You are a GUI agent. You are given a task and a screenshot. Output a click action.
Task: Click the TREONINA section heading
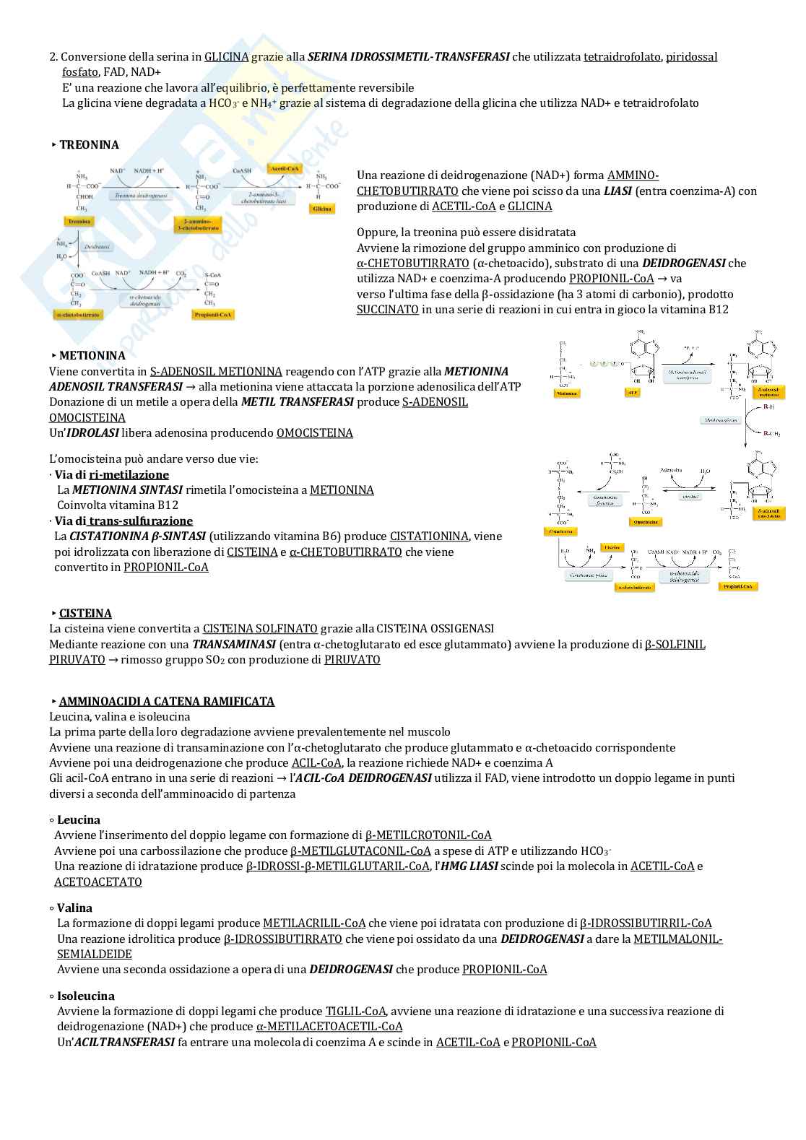(x=89, y=145)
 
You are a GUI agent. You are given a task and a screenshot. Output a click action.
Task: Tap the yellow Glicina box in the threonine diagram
(x=321, y=209)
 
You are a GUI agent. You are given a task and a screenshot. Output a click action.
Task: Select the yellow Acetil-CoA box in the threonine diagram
(x=284, y=169)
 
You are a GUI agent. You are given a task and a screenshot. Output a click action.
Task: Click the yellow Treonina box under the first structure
(x=79, y=221)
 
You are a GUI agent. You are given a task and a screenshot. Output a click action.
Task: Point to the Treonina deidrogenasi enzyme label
(x=141, y=196)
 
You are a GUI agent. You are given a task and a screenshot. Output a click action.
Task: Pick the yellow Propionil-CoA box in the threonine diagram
(x=213, y=315)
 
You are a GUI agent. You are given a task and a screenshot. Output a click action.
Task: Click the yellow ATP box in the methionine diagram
(x=632, y=393)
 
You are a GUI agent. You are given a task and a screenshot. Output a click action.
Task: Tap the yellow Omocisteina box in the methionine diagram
(x=645, y=522)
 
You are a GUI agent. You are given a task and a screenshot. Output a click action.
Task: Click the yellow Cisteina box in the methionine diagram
(x=612, y=548)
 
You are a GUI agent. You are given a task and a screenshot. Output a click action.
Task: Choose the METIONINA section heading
(x=92, y=356)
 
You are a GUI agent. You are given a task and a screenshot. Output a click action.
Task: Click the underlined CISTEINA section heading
(x=85, y=614)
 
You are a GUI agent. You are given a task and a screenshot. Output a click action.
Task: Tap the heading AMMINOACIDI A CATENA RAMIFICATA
(x=167, y=702)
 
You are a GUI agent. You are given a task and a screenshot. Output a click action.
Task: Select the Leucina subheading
(x=78, y=820)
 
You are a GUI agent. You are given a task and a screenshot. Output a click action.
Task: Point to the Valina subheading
(x=74, y=908)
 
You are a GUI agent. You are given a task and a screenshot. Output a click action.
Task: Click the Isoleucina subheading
(x=85, y=996)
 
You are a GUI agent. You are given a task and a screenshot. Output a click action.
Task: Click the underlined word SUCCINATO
(x=388, y=310)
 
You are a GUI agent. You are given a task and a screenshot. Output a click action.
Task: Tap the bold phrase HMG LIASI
(x=469, y=866)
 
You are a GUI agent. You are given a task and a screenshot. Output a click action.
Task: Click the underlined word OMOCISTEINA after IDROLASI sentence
(x=315, y=433)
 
